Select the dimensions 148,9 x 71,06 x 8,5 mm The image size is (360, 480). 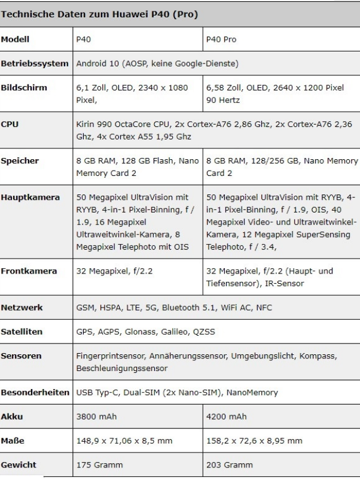(124, 440)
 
